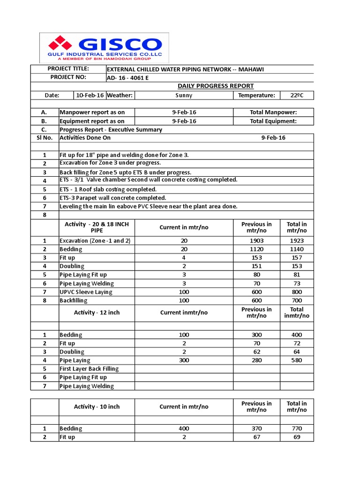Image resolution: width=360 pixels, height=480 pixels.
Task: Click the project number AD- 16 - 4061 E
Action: click(x=128, y=78)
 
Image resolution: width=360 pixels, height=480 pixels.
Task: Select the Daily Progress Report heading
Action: click(x=216, y=86)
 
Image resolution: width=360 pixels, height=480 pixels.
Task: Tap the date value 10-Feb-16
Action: click(x=90, y=95)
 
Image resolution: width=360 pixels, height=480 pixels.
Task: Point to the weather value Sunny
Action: click(x=183, y=95)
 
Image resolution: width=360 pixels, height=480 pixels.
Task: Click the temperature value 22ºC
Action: click(x=297, y=95)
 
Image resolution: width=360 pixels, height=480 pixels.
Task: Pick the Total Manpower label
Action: click(x=273, y=112)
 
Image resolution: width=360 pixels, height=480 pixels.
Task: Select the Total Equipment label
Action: click(x=273, y=121)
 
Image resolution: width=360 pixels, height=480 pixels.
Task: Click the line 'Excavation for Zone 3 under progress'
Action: click(x=110, y=163)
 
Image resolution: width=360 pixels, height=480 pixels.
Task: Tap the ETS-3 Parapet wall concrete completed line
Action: click(x=113, y=198)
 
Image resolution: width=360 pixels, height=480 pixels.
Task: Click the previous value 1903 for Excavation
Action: click(x=256, y=240)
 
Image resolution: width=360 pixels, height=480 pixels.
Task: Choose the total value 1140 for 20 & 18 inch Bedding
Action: click(x=297, y=249)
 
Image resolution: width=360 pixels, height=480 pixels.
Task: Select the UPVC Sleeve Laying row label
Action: click(x=86, y=292)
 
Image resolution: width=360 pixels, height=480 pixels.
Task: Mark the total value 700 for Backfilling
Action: click(x=297, y=300)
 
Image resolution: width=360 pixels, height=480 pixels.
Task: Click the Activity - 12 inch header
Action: click(x=97, y=313)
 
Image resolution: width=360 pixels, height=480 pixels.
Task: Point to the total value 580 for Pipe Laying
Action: click(x=297, y=360)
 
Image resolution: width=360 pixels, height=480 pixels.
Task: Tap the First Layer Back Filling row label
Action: click(x=89, y=369)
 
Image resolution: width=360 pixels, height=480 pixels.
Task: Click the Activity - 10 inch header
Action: click(x=97, y=406)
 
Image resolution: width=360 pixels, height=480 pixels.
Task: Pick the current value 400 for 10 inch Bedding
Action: click(x=184, y=428)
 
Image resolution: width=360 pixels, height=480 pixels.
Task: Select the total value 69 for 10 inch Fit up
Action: click(x=297, y=437)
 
